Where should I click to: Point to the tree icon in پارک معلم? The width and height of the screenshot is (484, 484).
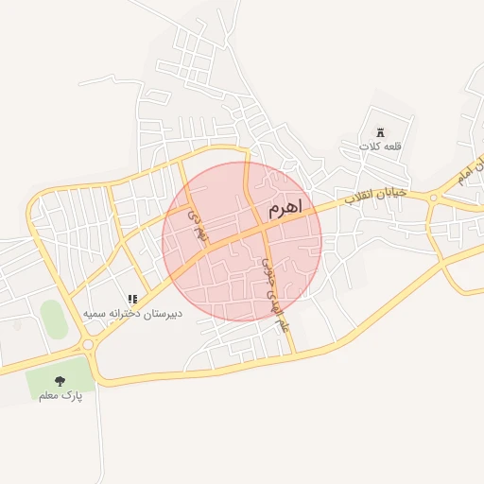(60, 381)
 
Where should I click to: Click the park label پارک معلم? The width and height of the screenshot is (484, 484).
(60, 396)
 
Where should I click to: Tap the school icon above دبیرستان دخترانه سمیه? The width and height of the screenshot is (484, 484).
(132, 299)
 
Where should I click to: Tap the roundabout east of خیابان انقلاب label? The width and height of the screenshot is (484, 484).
(434, 198)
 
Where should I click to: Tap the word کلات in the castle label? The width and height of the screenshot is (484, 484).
(369, 147)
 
